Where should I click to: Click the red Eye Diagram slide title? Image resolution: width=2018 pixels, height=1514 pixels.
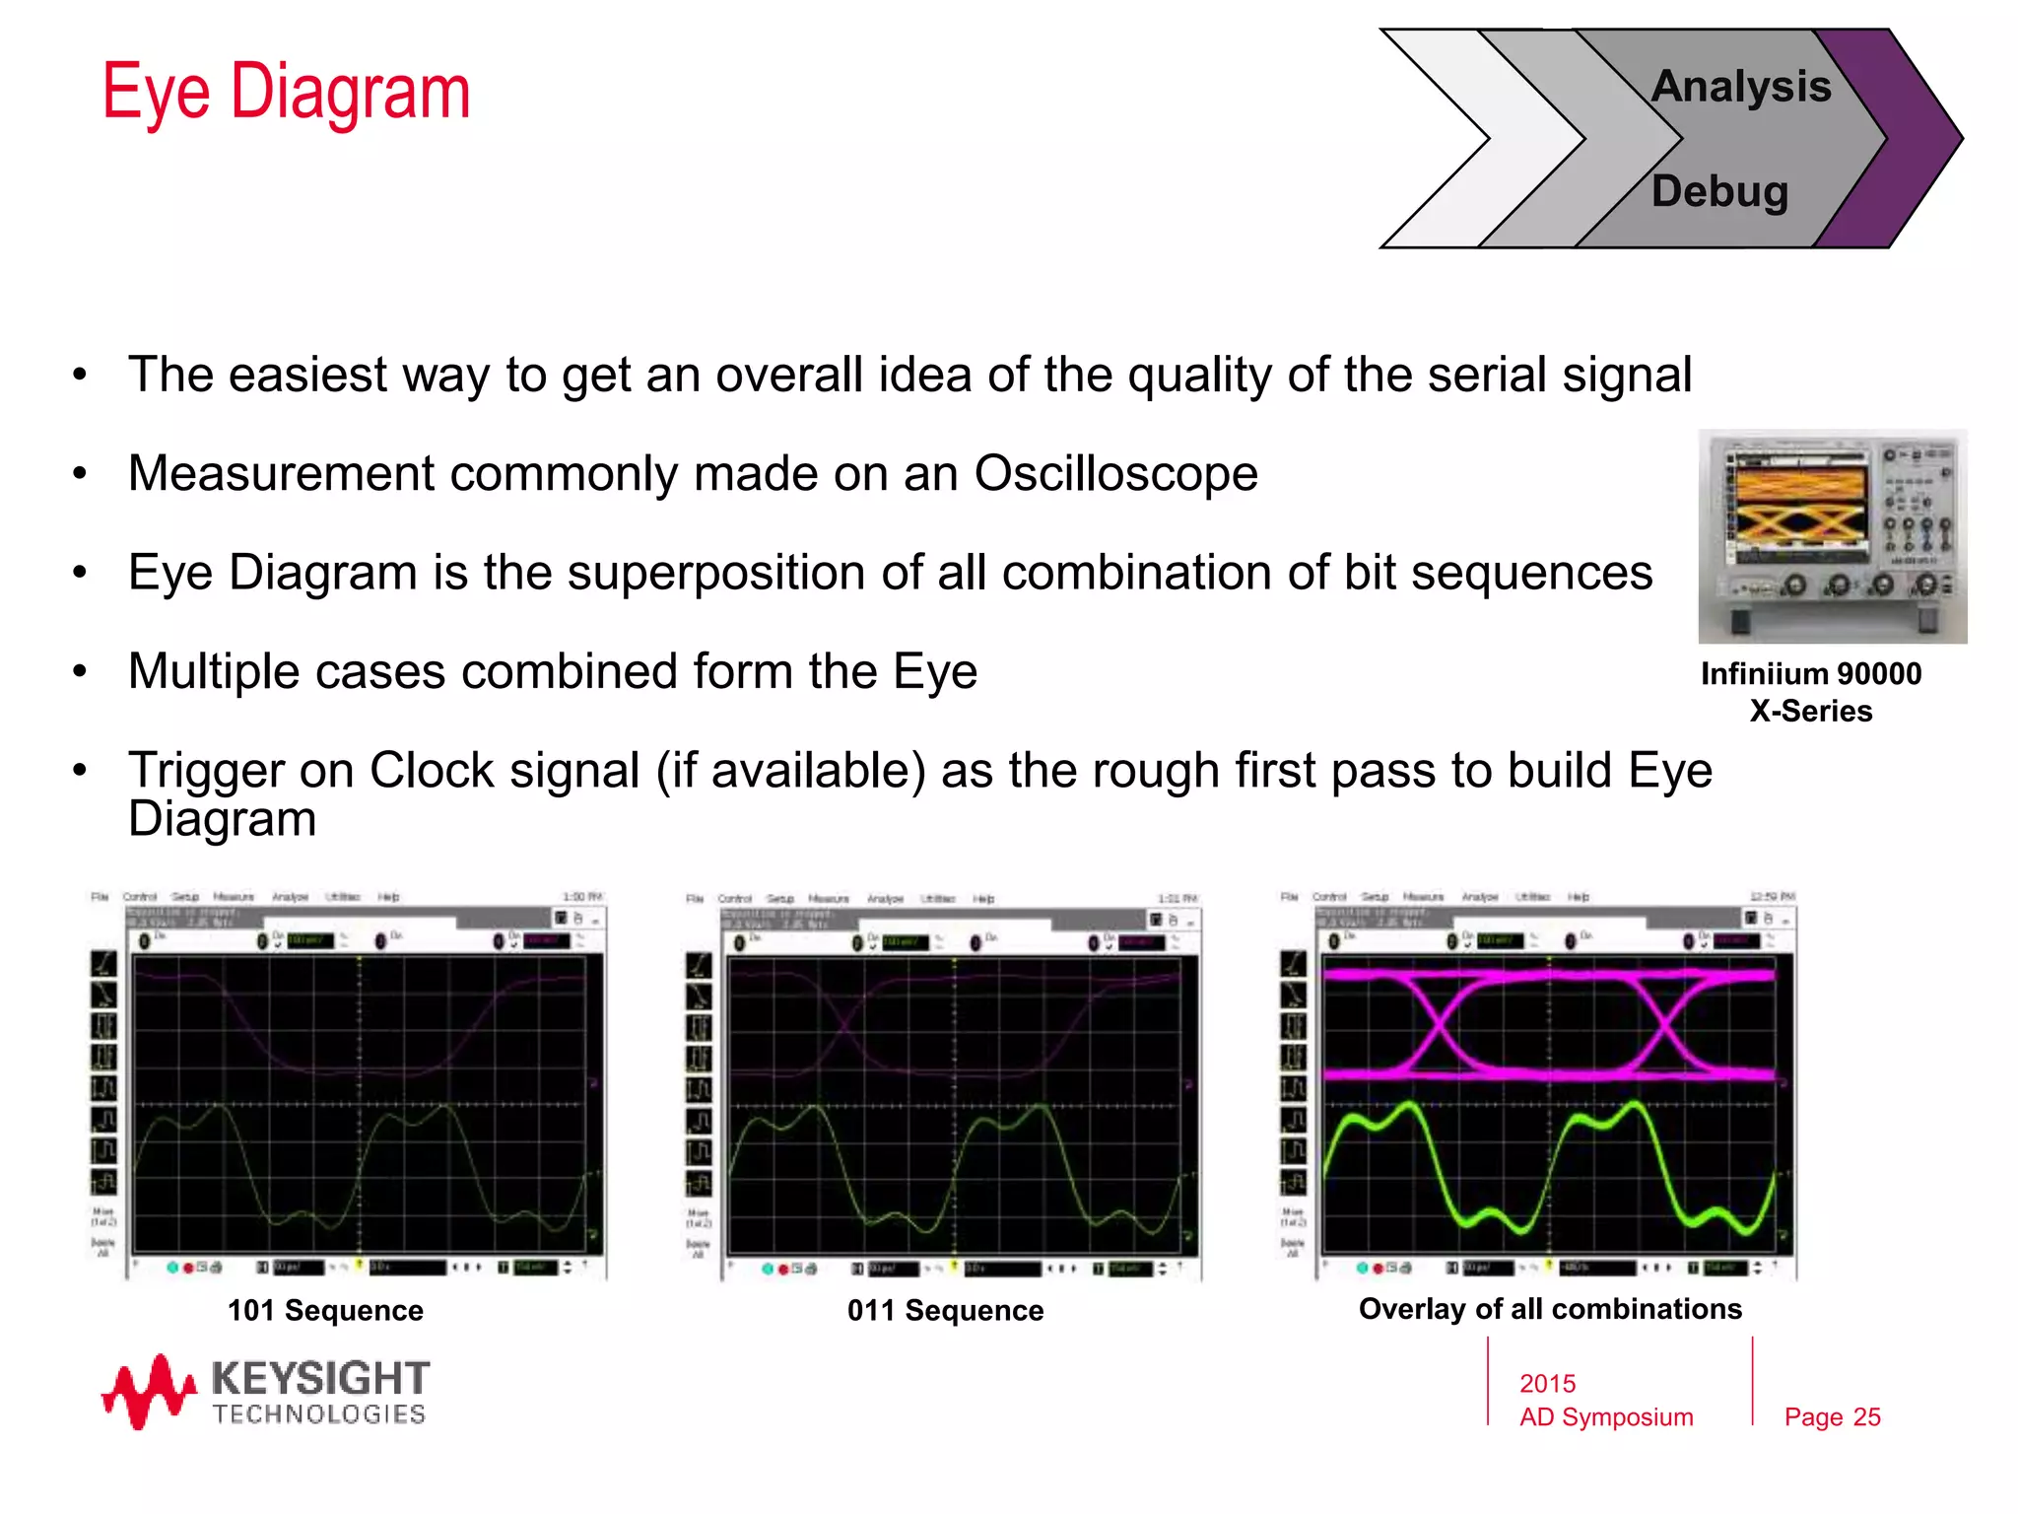[286, 92]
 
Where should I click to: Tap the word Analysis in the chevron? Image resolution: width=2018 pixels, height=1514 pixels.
[1741, 87]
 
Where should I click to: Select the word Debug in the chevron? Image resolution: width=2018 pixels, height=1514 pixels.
[1719, 191]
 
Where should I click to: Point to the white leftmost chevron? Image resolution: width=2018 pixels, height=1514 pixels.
[1448, 138]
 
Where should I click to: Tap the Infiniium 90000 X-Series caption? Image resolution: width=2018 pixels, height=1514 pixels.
[1811, 692]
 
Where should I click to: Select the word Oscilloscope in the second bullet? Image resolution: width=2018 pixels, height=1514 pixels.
[1115, 474]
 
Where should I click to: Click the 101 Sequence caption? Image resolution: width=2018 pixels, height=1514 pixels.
[325, 1310]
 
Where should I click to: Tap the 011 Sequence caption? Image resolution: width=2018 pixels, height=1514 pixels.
[945, 1310]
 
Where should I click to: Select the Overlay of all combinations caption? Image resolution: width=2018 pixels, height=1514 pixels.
[1550, 1309]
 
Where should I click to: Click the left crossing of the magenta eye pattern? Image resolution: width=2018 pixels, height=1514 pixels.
[1439, 1025]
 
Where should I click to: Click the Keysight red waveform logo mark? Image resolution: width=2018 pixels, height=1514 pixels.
[148, 1391]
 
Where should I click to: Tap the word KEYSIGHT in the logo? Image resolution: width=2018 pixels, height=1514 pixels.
[321, 1378]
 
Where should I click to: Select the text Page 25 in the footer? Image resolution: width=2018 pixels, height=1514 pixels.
[1832, 1417]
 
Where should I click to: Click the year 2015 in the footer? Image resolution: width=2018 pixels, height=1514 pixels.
[1547, 1384]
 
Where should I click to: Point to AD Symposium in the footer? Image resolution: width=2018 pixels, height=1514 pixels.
[1605, 1417]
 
